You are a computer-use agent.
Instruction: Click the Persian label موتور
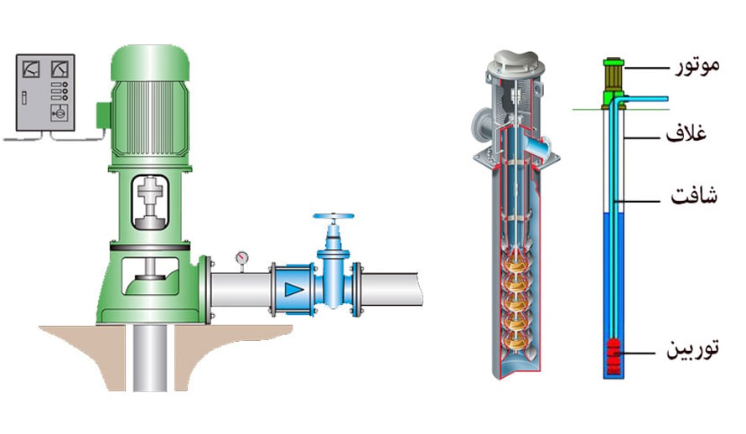pos(697,65)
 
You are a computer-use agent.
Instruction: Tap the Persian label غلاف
pos(686,132)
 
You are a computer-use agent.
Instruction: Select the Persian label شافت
pos(694,195)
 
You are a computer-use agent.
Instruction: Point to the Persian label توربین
pos(692,349)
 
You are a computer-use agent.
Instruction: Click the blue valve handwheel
pos(334,217)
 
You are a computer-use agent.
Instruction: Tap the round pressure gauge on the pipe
pos(241,258)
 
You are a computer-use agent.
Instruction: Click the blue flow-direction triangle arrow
pos(293,289)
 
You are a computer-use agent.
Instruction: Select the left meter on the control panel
pos(31,69)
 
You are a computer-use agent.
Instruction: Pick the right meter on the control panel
pos(60,69)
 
